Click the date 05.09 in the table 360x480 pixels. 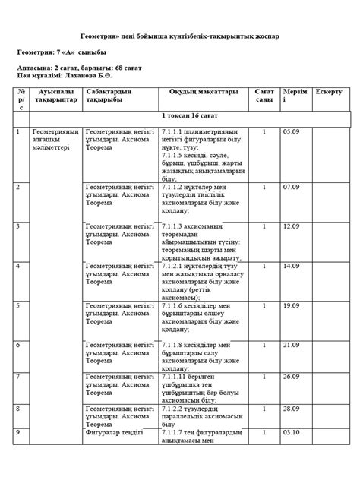coord(292,131)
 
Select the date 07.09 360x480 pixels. coord(292,186)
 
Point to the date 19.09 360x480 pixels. coord(292,305)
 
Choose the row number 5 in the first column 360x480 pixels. coord(17,305)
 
